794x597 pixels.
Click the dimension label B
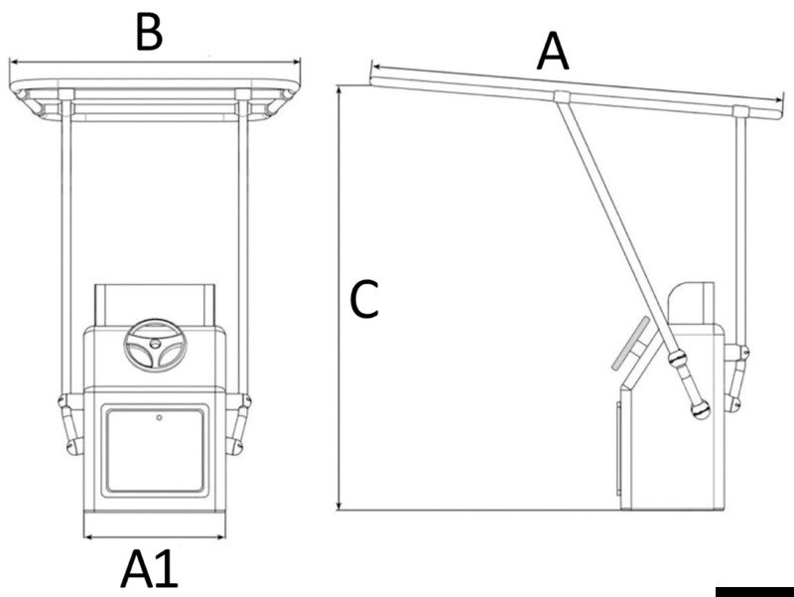point(148,32)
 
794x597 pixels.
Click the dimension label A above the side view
point(553,52)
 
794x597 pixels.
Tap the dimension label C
point(364,299)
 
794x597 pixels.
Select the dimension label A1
point(150,570)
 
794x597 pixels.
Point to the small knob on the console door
point(158,418)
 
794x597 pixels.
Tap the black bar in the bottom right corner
point(753,590)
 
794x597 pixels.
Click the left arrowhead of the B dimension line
point(13,61)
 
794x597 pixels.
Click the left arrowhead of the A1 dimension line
point(86,538)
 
